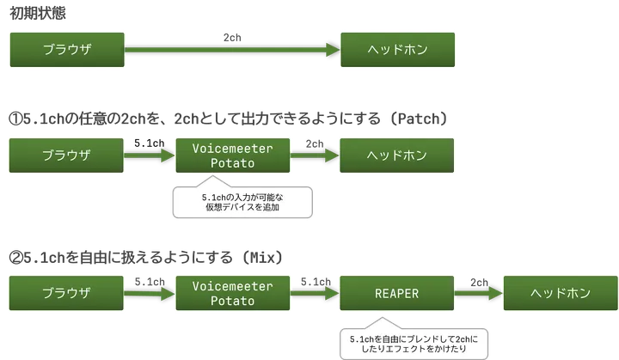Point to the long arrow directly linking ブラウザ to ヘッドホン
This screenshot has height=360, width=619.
coord(232,51)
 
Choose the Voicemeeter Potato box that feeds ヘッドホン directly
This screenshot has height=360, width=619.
coord(232,156)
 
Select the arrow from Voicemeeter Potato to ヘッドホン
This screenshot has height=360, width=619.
coord(315,156)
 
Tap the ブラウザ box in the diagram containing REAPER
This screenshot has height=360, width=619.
coord(67,293)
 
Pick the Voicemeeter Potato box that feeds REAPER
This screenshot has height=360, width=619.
coord(232,293)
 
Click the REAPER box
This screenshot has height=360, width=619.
coord(397,293)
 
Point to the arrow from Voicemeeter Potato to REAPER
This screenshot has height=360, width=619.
coord(315,293)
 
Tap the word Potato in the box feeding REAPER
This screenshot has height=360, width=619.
coord(232,302)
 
